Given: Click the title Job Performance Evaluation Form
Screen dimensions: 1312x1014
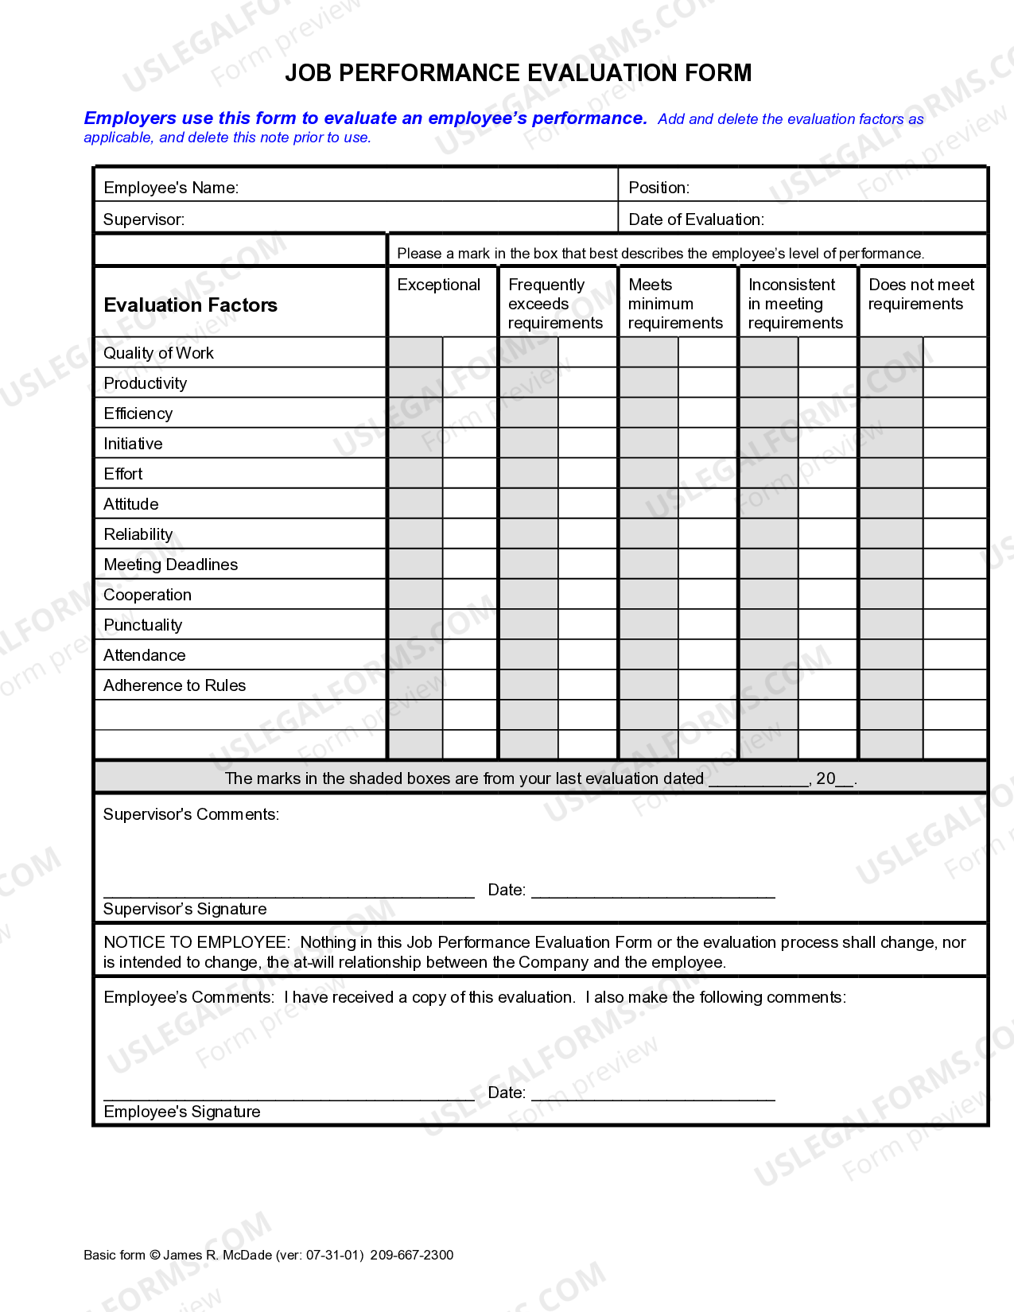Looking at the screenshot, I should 518,73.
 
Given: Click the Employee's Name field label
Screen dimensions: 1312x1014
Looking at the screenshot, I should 171,188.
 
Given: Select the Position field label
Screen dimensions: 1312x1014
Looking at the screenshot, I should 659,188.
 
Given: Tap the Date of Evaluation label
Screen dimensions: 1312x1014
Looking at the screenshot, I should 696,219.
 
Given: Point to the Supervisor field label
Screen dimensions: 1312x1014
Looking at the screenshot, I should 144,219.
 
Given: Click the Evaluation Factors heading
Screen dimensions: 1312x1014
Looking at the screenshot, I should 190,305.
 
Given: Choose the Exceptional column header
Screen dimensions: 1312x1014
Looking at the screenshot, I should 439,285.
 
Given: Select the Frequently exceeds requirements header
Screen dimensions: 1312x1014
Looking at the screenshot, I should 555,304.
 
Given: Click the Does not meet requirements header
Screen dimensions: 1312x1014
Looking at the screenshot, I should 920,294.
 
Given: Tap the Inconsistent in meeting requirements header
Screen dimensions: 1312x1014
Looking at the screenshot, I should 794,304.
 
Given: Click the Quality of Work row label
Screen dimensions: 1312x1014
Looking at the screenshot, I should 158,353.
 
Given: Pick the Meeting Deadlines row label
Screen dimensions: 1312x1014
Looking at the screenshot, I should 170,565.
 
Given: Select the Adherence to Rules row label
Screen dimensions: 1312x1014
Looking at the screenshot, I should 174,685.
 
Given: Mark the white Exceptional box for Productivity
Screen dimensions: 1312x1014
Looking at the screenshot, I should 470,382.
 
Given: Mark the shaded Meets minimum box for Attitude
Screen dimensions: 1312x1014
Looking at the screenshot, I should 649,503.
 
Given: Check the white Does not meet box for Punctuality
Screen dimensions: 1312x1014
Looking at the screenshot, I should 954,624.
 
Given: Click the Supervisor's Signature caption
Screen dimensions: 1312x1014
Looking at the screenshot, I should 185,909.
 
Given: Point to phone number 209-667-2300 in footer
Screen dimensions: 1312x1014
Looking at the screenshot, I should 411,1255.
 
